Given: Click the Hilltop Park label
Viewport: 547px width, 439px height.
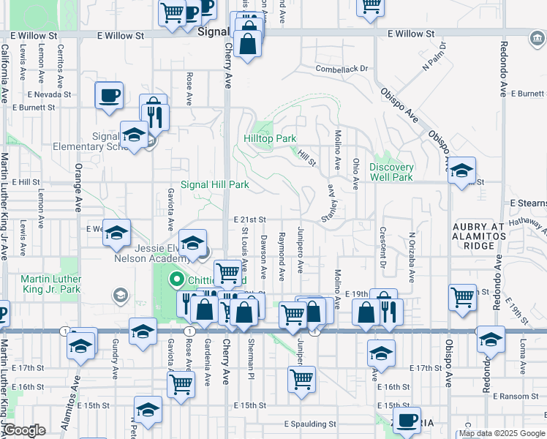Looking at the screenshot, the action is pyautogui.click(x=270, y=138).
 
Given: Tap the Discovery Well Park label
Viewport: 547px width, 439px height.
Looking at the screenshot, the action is pyautogui.click(x=391, y=172).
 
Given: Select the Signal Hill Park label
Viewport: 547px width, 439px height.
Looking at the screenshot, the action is pyautogui.click(x=215, y=185).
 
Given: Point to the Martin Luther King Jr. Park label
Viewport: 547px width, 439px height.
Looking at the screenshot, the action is pyautogui.click(x=50, y=284).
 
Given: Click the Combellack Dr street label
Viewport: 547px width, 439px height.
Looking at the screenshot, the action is pyautogui.click(x=340, y=69).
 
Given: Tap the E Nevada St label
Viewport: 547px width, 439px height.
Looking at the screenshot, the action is pyautogui.click(x=50, y=94).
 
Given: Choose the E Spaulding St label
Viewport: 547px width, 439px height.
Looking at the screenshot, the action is pyautogui.click(x=310, y=424).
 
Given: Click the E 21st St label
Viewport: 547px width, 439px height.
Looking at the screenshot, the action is pyautogui.click(x=249, y=219).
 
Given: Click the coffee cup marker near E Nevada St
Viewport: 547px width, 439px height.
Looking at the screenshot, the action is pyautogui.click(x=109, y=94).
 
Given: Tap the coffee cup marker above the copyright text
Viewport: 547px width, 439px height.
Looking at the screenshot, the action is pyautogui.click(x=407, y=419).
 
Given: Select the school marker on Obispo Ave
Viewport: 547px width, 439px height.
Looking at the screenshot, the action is pyautogui.click(x=461, y=170).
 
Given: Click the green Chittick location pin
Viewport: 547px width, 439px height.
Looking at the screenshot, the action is pyautogui.click(x=176, y=279).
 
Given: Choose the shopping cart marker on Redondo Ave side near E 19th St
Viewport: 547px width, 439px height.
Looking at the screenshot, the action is pyautogui.click(x=462, y=297).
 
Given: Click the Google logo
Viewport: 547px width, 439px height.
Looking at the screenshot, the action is pyautogui.click(x=24, y=431).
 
